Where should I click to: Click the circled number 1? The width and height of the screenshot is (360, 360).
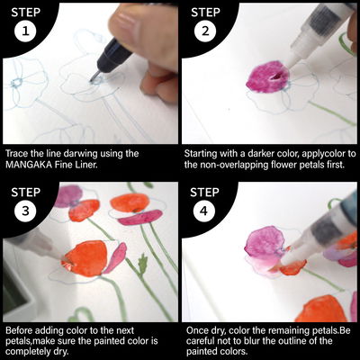(x=25, y=31)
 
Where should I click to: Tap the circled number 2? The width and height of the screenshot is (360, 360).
(x=205, y=31)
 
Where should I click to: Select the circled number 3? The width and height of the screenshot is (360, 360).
(x=25, y=211)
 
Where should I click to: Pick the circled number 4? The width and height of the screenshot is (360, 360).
(x=203, y=211)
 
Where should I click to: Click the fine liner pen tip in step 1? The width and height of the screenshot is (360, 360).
(x=94, y=77)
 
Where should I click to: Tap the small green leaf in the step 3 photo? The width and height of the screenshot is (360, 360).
(x=142, y=264)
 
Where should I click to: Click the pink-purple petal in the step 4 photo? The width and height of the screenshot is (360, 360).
(x=265, y=242)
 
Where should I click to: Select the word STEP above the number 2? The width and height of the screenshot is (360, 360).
(x=204, y=13)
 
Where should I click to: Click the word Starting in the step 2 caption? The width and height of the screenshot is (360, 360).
(x=201, y=154)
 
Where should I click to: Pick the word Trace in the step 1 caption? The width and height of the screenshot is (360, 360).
(x=17, y=154)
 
